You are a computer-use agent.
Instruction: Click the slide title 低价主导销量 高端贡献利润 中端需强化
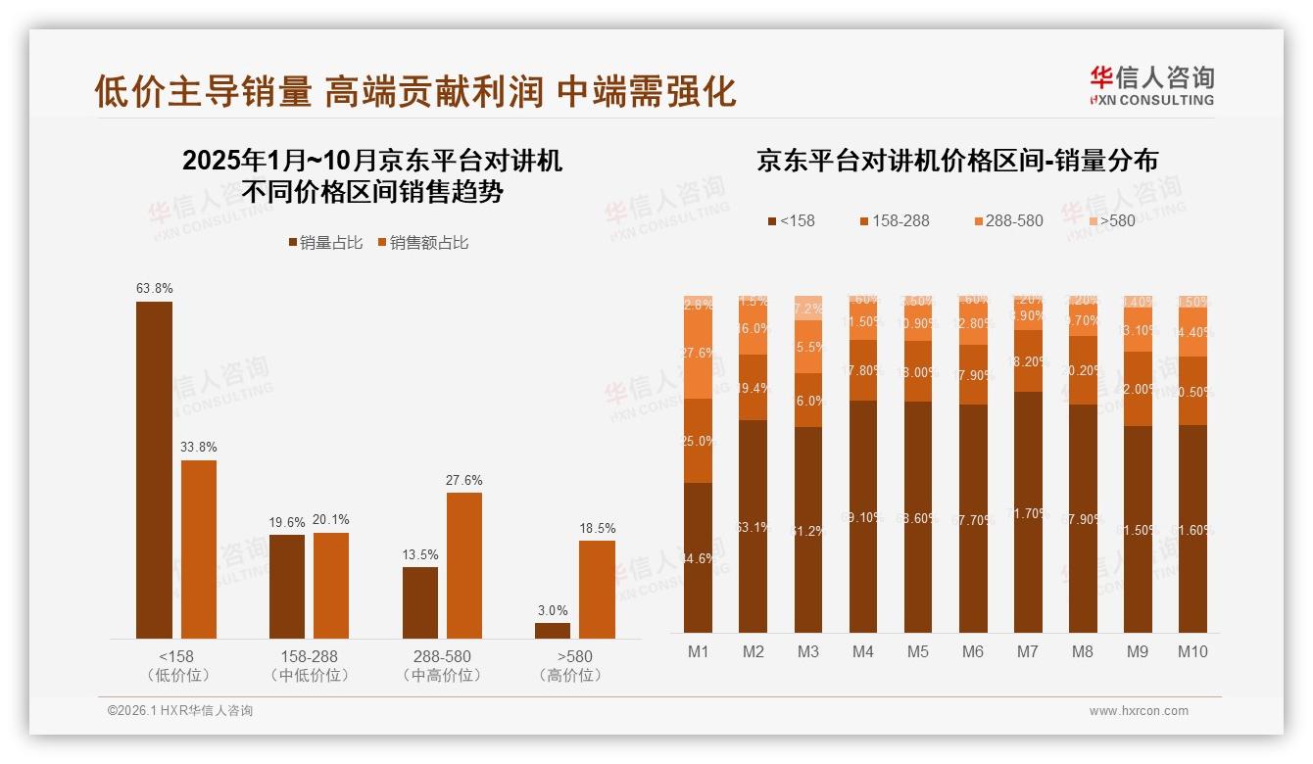tap(414, 91)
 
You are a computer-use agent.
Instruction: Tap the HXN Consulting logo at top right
tap(1151, 86)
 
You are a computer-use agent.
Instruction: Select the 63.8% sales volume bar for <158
tap(154, 470)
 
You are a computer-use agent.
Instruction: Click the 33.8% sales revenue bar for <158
tap(199, 549)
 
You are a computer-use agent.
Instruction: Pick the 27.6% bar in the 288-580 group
tap(464, 565)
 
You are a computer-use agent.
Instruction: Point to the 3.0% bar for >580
tap(553, 631)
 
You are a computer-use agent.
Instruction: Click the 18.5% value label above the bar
tap(597, 529)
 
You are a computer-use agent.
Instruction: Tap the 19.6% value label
tap(287, 523)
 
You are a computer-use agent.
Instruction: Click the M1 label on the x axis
tap(698, 651)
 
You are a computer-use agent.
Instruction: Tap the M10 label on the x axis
tap(1192, 651)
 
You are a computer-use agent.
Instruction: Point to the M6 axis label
tap(972, 651)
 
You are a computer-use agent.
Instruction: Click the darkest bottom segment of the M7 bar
tap(1028, 512)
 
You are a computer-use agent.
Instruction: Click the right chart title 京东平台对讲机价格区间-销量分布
tap(956, 161)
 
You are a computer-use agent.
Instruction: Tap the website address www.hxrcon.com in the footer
tap(1138, 711)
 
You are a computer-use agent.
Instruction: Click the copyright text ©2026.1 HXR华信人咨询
tap(180, 711)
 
